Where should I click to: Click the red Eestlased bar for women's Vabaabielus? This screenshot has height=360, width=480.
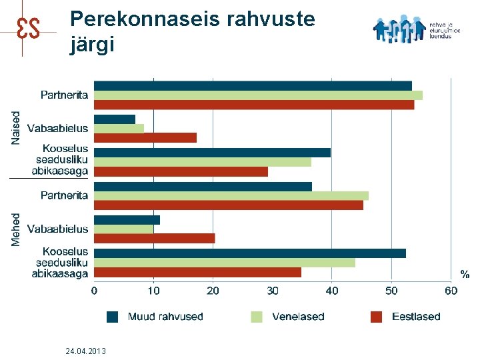pyautogui.click(x=145, y=138)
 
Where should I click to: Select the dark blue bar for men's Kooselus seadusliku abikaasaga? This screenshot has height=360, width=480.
pyautogui.click(x=250, y=253)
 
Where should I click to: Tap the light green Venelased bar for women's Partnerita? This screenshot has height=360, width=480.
pyautogui.click(x=258, y=95)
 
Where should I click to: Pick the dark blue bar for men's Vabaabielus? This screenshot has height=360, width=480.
pyautogui.click(x=127, y=220)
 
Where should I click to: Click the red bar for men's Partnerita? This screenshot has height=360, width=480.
pyautogui.click(x=229, y=205)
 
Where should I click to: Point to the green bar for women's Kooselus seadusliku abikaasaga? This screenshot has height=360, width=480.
pyautogui.click(x=203, y=162)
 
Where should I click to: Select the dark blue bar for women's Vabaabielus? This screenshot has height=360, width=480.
pyautogui.click(x=115, y=119)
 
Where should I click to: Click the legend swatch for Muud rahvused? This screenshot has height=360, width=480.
pyautogui.click(x=113, y=317)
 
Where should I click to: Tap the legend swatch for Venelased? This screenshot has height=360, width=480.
pyautogui.click(x=257, y=317)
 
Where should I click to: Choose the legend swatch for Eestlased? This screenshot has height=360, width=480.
pyautogui.click(x=377, y=317)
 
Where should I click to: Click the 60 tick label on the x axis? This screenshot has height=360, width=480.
pyautogui.click(x=451, y=291)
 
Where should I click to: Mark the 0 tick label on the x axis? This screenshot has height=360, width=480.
pyautogui.click(x=94, y=291)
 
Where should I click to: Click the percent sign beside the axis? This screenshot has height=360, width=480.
pyautogui.click(x=465, y=274)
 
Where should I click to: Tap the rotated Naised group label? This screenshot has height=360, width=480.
pyautogui.click(x=16, y=127)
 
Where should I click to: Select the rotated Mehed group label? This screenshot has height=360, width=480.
pyautogui.click(x=16, y=229)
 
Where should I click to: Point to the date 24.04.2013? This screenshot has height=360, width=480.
pyautogui.click(x=86, y=351)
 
